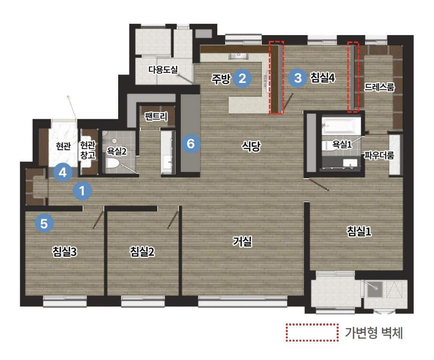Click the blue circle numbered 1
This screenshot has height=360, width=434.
click(x=82, y=191)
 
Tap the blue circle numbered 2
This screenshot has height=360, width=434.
click(x=242, y=78)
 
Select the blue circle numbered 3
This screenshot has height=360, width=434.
click(x=298, y=78)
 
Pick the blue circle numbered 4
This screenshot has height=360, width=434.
click(x=63, y=173)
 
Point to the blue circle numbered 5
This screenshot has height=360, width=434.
click(x=44, y=223)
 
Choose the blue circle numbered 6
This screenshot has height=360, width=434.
click(x=191, y=144)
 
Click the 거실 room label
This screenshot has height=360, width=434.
click(x=242, y=241)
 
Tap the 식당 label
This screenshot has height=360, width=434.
click(x=251, y=146)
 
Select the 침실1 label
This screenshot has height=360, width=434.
click(x=359, y=231)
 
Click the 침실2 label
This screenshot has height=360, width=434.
click(x=142, y=252)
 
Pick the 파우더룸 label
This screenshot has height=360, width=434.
click(x=379, y=155)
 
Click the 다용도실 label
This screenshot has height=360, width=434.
click(x=163, y=69)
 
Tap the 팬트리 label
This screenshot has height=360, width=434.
click(x=156, y=116)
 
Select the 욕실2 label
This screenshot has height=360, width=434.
click(x=117, y=151)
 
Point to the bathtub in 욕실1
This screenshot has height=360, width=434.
click(x=342, y=126)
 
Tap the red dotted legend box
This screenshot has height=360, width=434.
click(x=312, y=332)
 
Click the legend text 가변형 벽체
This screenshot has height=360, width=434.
click(x=373, y=333)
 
